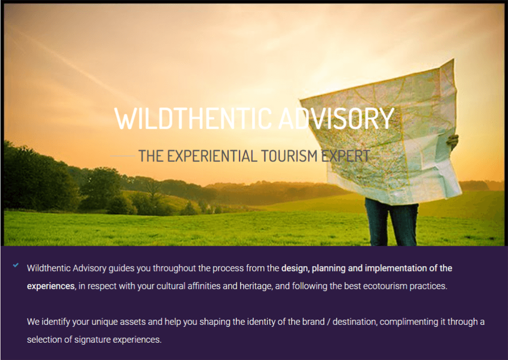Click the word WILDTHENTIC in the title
193,118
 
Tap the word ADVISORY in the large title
336,118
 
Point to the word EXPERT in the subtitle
345,156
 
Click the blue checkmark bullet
16,265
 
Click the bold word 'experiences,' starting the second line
51,286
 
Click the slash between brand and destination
329,322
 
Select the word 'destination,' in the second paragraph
355,322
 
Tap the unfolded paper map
383,133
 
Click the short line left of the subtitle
122,156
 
